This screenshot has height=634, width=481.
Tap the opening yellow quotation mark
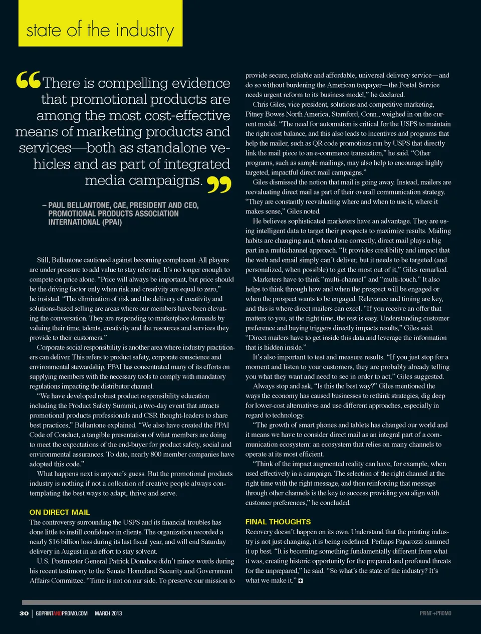click(28, 80)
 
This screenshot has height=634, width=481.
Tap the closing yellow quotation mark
click(219, 184)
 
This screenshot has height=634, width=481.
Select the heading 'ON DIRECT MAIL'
click(60, 512)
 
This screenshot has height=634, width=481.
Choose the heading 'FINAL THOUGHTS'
click(278, 522)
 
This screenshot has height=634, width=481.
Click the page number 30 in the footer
click(24, 613)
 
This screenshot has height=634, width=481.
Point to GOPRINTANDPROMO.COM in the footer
click(62, 613)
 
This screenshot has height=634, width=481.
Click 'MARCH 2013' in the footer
click(108, 613)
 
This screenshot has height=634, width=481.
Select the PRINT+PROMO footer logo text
click(435, 613)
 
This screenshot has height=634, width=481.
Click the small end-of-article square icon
click(301, 581)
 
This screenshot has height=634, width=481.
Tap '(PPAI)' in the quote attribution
click(112, 222)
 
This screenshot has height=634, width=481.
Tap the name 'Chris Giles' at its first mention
click(269, 105)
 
